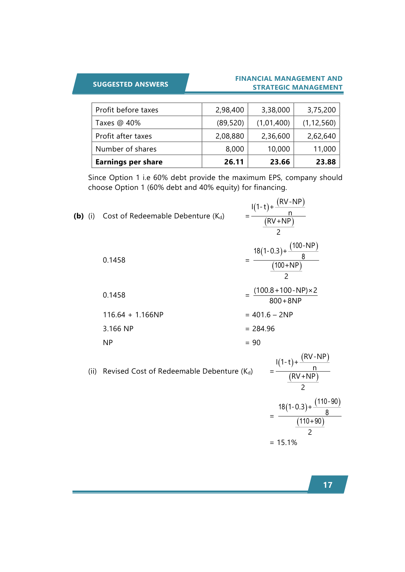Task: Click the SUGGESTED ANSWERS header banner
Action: click(131, 84)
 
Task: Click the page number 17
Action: click(327, 485)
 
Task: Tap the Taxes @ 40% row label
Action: click(118, 123)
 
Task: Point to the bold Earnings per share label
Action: click(129, 162)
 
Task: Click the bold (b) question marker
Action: click(79, 216)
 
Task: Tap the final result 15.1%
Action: click(287, 443)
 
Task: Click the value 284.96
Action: click(264, 329)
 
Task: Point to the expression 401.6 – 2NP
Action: click(272, 315)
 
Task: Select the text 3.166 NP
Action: click(118, 329)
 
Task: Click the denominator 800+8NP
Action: click(285, 301)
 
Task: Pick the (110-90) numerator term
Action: click(327, 401)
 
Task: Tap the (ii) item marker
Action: click(92, 371)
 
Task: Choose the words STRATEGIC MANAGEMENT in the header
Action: click(297, 88)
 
